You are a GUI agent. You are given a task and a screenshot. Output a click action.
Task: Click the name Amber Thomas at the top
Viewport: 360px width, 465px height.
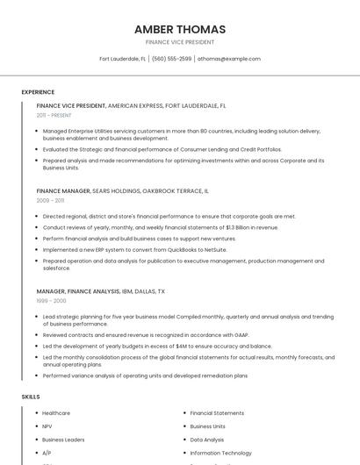click(180, 29)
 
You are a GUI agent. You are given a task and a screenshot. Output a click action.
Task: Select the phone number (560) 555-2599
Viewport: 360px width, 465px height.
click(171, 59)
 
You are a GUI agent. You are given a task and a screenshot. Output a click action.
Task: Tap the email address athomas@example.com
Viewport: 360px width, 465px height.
click(229, 59)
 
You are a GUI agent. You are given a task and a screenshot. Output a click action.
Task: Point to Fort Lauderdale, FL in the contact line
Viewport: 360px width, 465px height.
click(122, 59)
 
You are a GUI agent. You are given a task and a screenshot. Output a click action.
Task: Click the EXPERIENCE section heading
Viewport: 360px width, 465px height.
click(38, 92)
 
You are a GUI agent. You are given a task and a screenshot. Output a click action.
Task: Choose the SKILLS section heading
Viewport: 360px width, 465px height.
click(31, 397)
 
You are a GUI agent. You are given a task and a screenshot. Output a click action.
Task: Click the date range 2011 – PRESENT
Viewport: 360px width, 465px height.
click(54, 115)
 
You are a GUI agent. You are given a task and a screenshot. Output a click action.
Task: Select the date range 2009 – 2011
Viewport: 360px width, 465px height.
click(50, 200)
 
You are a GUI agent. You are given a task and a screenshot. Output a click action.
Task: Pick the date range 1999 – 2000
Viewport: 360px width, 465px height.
click(51, 300)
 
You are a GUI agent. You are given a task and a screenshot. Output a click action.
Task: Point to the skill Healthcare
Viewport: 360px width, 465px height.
click(56, 413)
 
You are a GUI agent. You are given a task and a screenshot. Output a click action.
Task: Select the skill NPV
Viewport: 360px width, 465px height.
click(47, 426)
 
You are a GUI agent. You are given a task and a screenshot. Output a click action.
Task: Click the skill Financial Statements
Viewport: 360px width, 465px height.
click(217, 413)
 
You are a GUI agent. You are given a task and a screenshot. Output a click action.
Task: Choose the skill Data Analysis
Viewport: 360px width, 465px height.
click(207, 440)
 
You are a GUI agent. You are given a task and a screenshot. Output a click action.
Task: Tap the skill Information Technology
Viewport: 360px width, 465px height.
click(220, 453)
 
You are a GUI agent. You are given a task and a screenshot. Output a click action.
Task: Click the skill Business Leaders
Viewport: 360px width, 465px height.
click(63, 440)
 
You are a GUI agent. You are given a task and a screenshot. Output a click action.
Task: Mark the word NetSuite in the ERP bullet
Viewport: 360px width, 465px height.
click(213, 249)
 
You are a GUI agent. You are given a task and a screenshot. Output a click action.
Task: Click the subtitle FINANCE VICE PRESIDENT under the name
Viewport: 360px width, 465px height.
click(180, 42)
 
